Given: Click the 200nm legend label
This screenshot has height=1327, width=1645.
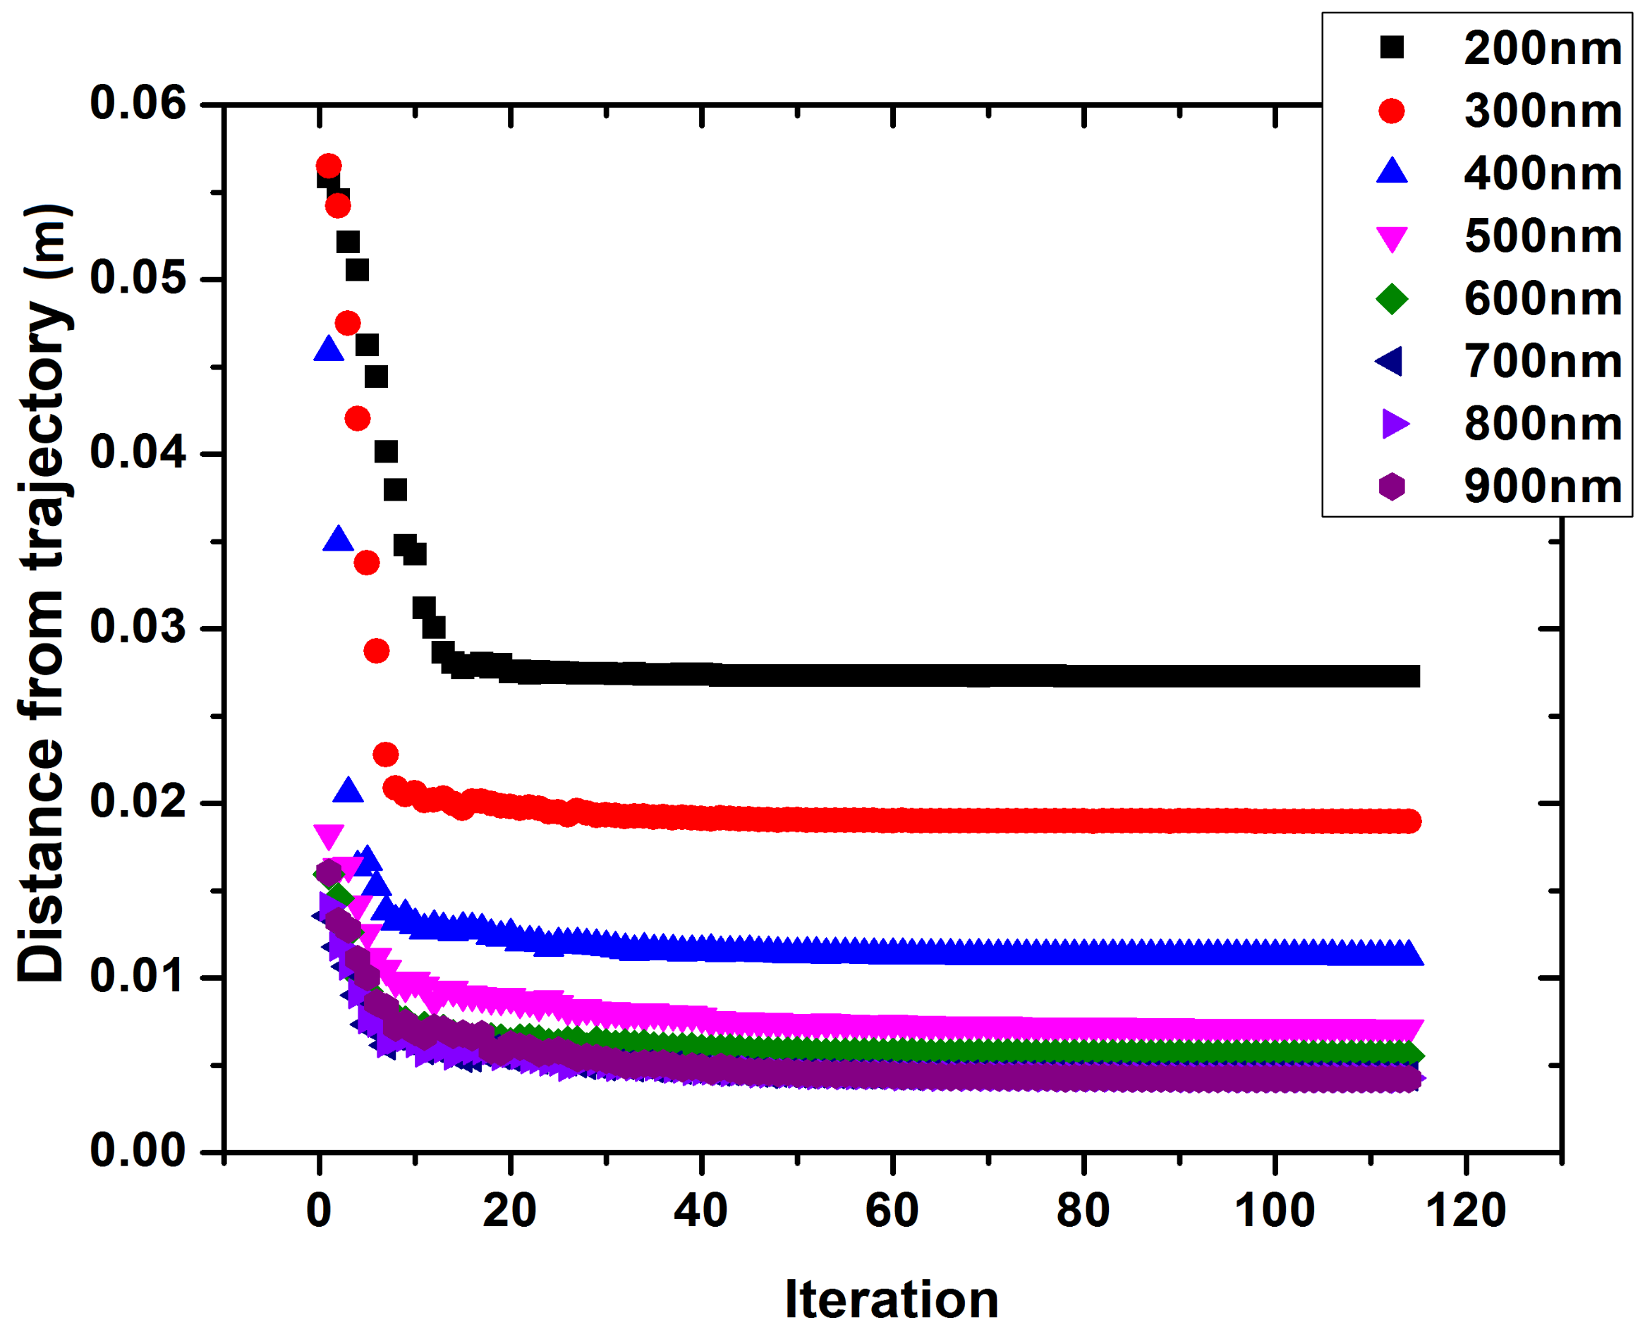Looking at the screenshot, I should click(x=1543, y=49).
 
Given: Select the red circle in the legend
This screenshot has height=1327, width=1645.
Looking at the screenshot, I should click(x=1392, y=111).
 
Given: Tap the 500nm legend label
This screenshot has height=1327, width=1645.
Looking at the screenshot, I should click(x=1543, y=236).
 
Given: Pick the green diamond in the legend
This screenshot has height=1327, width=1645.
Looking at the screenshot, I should click(x=1392, y=298).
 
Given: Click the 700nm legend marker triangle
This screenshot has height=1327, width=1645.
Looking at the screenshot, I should click(x=1390, y=361).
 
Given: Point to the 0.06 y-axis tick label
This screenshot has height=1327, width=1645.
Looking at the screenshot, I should click(x=138, y=103).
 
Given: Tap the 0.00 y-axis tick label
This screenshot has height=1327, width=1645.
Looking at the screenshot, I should click(x=138, y=1151).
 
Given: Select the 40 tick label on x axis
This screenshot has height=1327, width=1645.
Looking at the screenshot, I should click(x=700, y=1211).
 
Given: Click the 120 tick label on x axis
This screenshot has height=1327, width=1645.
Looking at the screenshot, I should click(x=1465, y=1211).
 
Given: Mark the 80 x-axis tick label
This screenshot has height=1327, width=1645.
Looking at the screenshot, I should click(x=1083, y=1211).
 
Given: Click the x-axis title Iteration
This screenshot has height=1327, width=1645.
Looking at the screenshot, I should click(x=892, y=1300).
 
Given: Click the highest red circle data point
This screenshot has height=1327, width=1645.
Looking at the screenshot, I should click(x=328, y=166).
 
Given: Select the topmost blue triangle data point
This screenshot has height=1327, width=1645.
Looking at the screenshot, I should click(x=328, y=349).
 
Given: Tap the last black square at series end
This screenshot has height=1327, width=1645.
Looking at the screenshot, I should click(x=1409, y=675).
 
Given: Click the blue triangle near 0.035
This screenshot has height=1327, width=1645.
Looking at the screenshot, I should click(x=338, y=539).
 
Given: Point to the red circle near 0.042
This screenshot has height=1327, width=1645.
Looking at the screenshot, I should click(x=357, y=418).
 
